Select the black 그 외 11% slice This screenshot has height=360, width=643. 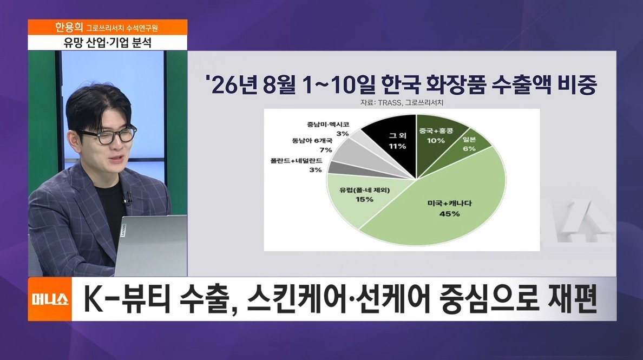point(393,140)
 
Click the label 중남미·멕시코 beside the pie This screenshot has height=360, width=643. point(328,124)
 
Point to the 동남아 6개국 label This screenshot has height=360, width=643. point(312,140)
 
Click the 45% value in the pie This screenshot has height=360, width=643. point(449,214)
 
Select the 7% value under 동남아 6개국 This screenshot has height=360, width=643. point(326,149)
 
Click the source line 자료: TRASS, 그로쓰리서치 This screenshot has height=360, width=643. point(402,103)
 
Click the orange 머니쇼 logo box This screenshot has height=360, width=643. point(50,299)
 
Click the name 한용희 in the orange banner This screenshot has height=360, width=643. point(69,28)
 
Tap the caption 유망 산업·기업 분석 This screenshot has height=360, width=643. point(108,43)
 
